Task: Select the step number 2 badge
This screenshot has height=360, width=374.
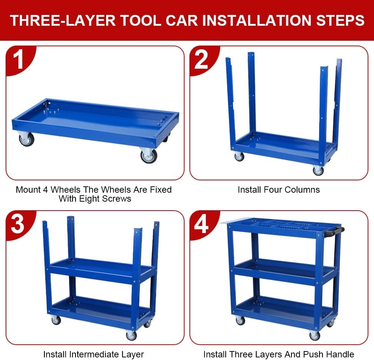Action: (202, 60)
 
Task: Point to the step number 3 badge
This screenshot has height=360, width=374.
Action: (18, 224)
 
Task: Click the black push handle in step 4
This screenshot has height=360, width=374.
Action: (335, 232)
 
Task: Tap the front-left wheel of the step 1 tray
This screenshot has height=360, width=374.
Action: (27, 139)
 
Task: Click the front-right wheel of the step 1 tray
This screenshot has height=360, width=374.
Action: (149, 155)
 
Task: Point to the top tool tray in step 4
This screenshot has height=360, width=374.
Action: (280, 226)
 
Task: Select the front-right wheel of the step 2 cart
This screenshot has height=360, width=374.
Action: (318, 171)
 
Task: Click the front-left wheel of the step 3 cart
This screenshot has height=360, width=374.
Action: (56, 320)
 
